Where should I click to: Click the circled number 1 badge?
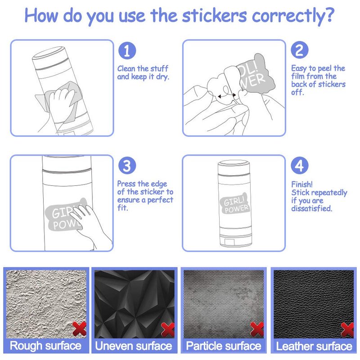tap(127, 51)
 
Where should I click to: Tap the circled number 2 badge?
tap(299, 50)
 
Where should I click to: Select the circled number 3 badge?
tap(127, 166)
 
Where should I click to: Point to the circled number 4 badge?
tap(299, 165)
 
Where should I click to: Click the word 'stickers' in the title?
tap(215, 16)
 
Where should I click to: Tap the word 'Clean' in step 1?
tap(126, 68)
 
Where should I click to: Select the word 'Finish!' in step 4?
tap(301, 184)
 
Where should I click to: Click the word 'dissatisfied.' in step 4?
tap(311, 208)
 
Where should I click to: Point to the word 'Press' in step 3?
tap(126, 184)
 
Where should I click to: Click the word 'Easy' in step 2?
tap(299, 68)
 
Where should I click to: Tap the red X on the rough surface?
tap(80, 328)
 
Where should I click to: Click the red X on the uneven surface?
tap(168, 329)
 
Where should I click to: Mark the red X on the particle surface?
tap(257, 329)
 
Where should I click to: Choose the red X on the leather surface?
tap(347, 329)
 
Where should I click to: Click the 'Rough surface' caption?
tap(45, 346)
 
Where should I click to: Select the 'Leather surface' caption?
tap(314, 346)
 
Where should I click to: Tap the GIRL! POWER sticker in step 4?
tap(234, 204)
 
